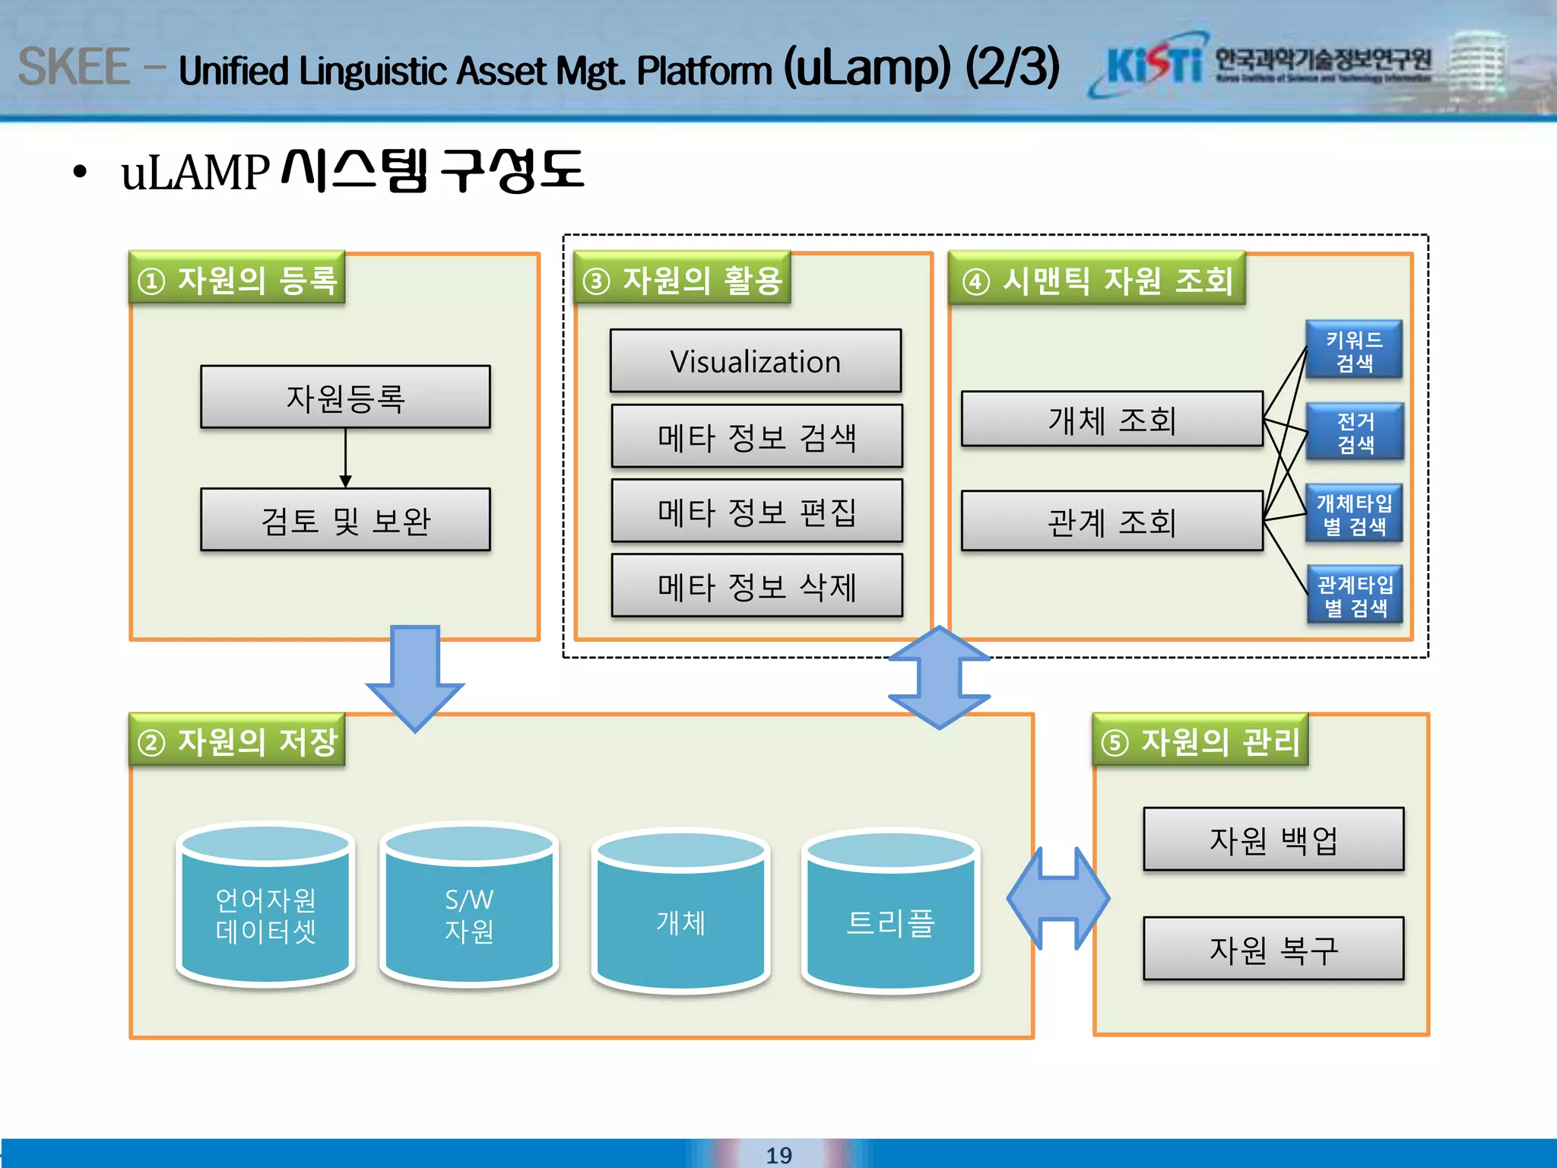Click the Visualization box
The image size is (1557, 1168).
tap(756, 361)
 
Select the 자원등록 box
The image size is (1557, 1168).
tap(345, 398)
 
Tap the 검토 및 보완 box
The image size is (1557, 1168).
tap(345, 520)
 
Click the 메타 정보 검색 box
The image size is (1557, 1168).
tap(756, 436)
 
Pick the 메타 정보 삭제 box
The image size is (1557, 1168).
tap(756, 586)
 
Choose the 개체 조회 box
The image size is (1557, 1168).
tap(1111, 419)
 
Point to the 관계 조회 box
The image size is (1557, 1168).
tap(1111, 521)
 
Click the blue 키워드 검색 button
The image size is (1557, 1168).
tap(1354, 351)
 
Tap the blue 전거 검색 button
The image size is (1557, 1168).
tap(1355, 432)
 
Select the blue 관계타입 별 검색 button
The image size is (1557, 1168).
tap(1355, 595)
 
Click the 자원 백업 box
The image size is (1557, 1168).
tap(1273, 839)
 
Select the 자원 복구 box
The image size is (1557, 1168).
tap(1273, 949)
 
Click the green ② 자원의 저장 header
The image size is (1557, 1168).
tap(237, 741)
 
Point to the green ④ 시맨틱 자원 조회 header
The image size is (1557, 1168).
tap(1097, 279)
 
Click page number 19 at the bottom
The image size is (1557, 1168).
tap(778, 1154)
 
